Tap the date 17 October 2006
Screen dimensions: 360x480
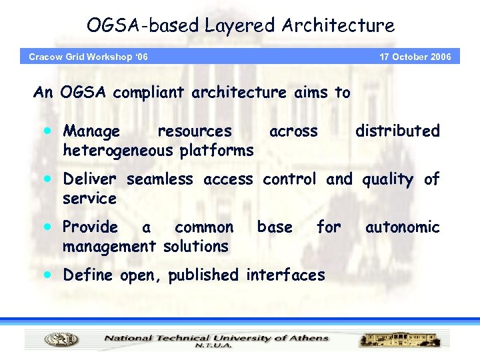[x=415, y=57]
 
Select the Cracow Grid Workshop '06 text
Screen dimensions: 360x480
[x=88, y=57]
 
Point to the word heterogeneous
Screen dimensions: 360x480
[x=117, y=151]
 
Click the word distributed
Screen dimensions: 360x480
[x=397, y=131]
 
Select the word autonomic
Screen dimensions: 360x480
[x=402, y=227]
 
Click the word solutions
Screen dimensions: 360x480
[x=195, y=247]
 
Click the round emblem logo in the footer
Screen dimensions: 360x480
[x=61, y=340]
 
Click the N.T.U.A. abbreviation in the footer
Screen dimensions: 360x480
[x=214, y=346]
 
